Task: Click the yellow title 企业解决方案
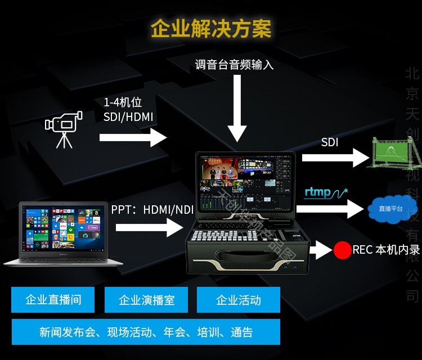(211, 28)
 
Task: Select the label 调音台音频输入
(234, 65)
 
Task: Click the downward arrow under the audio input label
(237, 110)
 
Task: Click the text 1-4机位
(122, 103)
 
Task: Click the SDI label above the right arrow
(330, 142)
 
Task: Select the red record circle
(342, 250)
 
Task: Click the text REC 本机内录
(386, 249)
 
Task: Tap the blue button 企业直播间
(53, 300)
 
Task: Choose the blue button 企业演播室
(147, 300)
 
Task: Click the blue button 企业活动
(239, 300)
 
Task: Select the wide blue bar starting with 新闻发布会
(146, 332)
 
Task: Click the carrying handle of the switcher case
(248, 260)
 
